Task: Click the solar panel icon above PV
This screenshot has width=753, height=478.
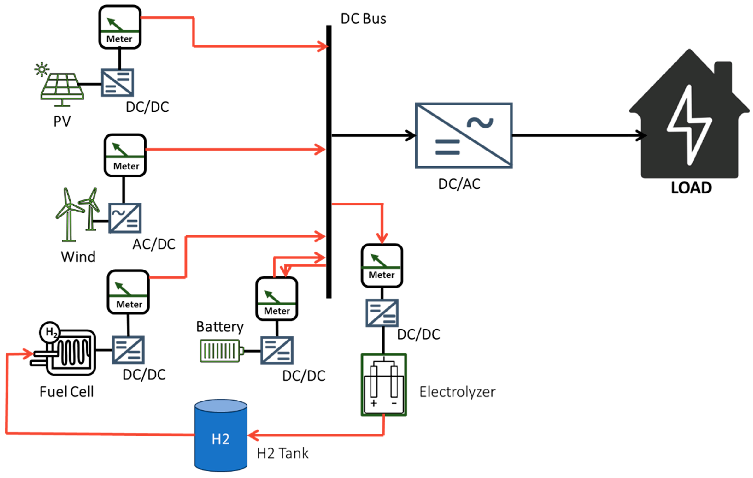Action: coord(62,87)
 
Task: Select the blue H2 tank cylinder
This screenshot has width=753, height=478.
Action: coord(221,435)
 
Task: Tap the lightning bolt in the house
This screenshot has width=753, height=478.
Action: coord(689,125)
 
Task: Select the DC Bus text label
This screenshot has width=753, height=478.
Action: coord(363,19)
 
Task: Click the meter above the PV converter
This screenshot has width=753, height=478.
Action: coord(120,27)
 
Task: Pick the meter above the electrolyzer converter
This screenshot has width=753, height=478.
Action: coord(382,265)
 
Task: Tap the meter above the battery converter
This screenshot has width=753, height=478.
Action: coord(277,299)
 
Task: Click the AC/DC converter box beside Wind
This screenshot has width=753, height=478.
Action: coord(125,218)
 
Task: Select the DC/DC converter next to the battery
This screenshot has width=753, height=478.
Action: coord(277,350)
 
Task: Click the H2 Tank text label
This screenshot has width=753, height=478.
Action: coord(283,453)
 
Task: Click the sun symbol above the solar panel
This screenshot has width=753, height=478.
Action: coord(41,69)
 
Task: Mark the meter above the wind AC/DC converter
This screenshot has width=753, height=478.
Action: coord(125,155)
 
